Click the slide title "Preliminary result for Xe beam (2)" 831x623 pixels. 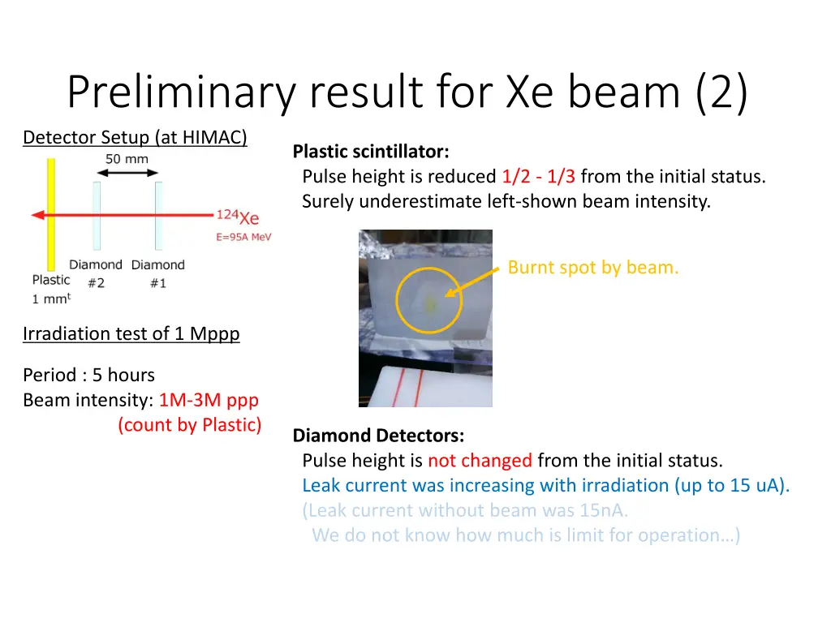click(407, 92)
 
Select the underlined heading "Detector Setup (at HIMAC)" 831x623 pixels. click(135, 138)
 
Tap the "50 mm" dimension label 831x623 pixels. click(127, 159)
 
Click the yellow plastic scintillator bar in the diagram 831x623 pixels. click(50, 214)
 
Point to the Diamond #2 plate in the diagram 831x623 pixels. click(97, 215)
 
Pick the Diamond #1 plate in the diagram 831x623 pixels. click(158, 215)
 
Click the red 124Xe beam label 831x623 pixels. click(238, 217)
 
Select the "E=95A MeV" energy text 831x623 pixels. click(243, 237)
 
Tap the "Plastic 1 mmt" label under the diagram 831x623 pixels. click(51, 289)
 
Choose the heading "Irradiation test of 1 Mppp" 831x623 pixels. click(131, 333)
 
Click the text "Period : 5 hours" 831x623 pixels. click(88, 375)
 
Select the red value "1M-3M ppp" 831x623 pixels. click(209, 400)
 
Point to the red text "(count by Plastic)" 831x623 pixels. click(190, 424)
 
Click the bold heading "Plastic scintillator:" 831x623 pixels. click(370, 152)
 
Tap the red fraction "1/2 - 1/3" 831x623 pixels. click(538, 177)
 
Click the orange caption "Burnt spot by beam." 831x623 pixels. click(592, 268)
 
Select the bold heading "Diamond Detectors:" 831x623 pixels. click(378, 436)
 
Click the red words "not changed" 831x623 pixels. click(480, 461)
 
